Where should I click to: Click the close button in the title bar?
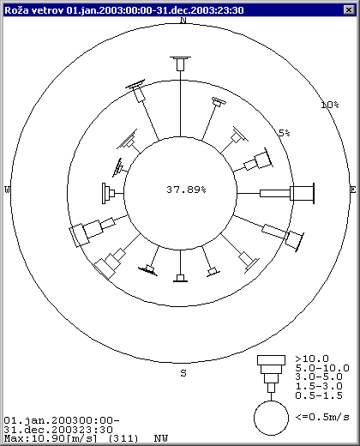349,10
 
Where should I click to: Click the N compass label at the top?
183,20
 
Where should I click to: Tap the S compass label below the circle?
183,373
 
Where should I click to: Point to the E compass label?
353,190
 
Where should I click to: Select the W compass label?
7,190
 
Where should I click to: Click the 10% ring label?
330,105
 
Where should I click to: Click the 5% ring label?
285,133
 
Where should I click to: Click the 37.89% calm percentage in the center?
186,190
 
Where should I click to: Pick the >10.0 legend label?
312,359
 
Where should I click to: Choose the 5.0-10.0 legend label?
322,368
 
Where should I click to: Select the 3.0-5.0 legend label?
319,377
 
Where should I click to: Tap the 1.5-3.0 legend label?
319,386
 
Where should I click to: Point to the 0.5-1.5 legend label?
319,395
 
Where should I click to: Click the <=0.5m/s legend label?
322,417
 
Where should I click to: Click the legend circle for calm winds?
271,401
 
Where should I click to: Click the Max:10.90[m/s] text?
51,438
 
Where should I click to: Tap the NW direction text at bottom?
161,438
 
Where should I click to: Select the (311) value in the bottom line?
123,438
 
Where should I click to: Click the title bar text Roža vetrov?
34,10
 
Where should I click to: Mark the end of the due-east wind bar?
314,194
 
